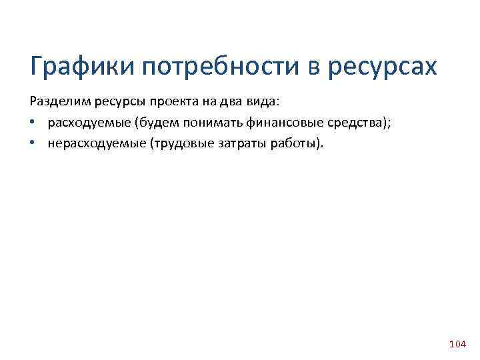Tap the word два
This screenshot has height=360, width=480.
(x=227, y=101)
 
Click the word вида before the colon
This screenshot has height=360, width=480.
(x=260, y=101)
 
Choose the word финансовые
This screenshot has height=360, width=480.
(x=275, y=122)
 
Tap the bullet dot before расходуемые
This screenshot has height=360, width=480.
(x=33, y=123)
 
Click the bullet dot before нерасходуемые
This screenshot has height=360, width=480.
(x=33, y=143)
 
